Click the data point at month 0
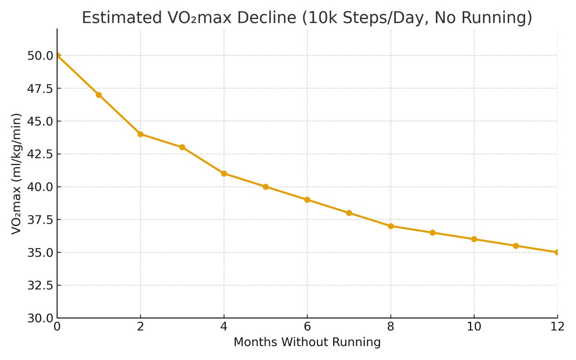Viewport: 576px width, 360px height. (58, 56)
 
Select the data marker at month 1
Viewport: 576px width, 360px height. (99, 95)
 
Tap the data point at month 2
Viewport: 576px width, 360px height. (141, 134)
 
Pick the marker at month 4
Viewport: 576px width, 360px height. (224, 174)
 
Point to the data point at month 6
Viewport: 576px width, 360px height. (308, 200)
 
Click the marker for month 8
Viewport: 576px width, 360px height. (391, 226)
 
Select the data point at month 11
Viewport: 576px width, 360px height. (516, 246)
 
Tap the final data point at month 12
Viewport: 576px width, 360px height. (557, 252)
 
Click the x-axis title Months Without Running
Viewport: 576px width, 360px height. (307, 343)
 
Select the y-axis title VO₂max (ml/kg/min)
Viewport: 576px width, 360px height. (16, 174)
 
